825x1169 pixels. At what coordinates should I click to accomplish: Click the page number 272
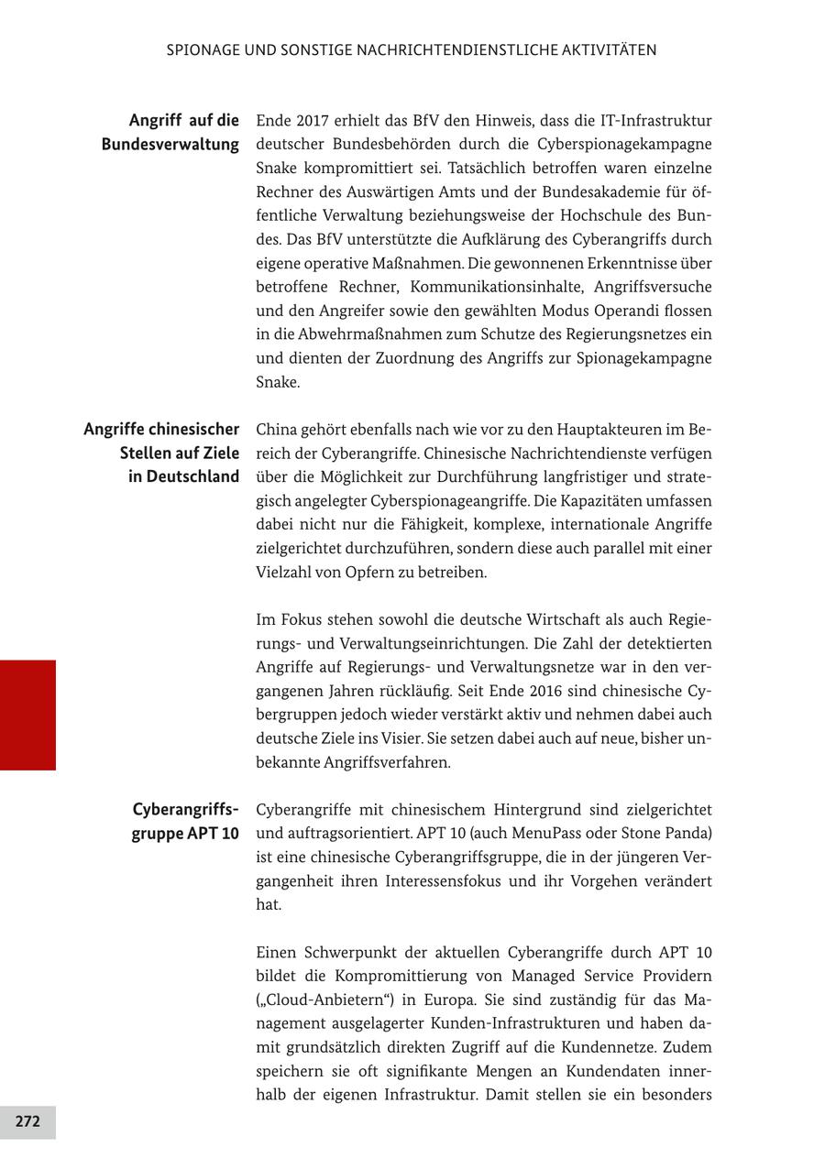pyautogui.click(x=27, y=1121)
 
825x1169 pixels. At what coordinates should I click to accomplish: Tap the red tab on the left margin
pyautogui.click(x=27, y=715)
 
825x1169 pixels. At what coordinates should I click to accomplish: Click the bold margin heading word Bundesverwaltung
pyautogui.click(x=170, y=145)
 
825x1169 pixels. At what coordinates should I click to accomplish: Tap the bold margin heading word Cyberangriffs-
pyautogui.click(x=185, y=810)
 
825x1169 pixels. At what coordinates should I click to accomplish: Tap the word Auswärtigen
pyautogui.click(x=389, y=192)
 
